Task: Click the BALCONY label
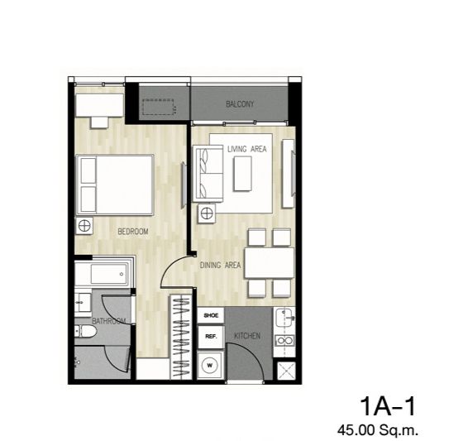(240, 103)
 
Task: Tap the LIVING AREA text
(246, 149)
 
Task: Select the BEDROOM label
(133, 232)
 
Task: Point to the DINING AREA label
(220, 265)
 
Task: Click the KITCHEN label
(247, 336)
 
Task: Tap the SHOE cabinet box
(211, 315)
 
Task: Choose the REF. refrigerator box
(211, 337)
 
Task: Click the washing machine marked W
(210, 365)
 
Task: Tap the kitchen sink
(284, 318)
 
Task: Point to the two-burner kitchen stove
(284, 341)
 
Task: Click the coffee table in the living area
(242, 174)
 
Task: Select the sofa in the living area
(208, 173)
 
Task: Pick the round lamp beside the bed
(84, 226)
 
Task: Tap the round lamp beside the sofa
(207, 213)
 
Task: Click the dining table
(270, 263)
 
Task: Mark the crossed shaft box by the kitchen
(286, 371)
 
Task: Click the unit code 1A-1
(388, 407)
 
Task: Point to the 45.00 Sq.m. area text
(378, 429)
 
